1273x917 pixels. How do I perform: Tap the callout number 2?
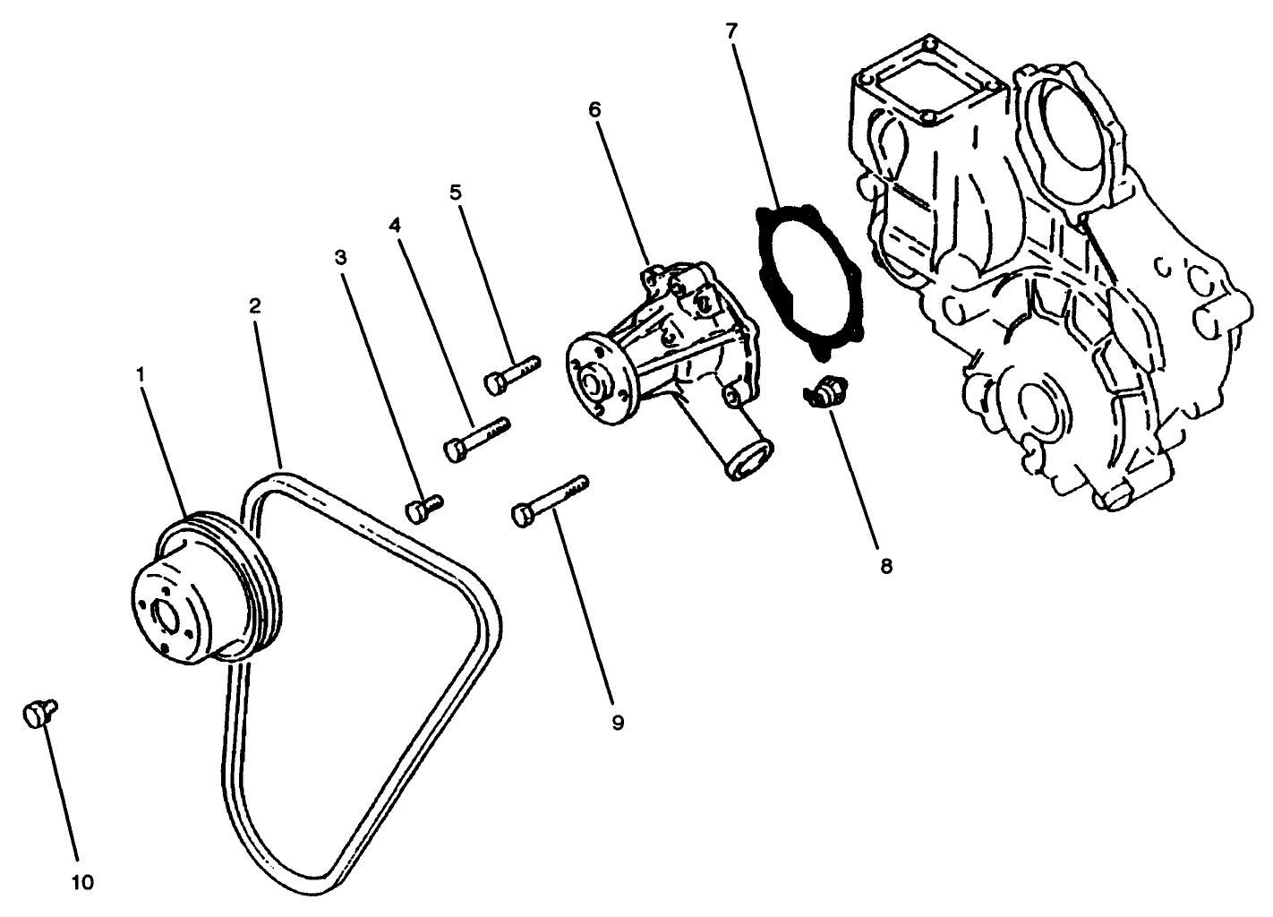click(255, 305)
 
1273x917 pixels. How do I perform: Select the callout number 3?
click(340, 258)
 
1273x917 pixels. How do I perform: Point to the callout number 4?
click(394, 225)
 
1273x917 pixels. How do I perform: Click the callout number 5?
click(456, 192)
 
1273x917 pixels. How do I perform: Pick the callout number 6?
click(595, 110)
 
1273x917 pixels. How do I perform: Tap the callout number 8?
click(885, 566)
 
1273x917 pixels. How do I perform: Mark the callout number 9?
click(617, 722)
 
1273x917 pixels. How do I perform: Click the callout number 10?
click(82, 882)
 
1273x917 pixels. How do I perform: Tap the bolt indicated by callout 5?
click(513, 373)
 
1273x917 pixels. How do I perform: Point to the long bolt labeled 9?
click(549, 500)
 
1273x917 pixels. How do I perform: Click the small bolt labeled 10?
click(37, 714)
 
